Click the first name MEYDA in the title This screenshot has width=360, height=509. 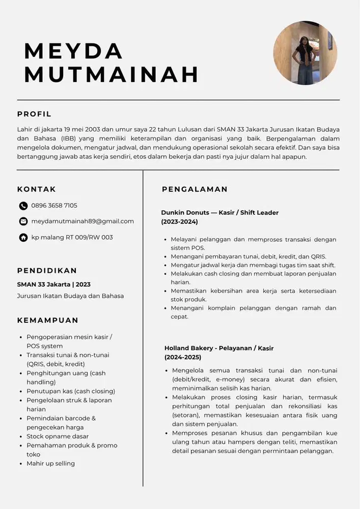74,50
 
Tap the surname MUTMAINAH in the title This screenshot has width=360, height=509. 112,74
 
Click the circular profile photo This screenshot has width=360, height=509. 305,53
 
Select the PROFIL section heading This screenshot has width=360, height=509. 34,114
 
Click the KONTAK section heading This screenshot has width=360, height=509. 37,189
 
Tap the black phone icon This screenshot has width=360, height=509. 23,206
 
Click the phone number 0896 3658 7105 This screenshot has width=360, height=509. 54,206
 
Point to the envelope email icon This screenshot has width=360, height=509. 23,221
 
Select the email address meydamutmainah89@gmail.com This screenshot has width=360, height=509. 82,221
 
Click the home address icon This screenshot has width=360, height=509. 23,237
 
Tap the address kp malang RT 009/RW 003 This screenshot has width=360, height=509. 72,237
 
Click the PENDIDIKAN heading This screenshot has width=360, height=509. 47,270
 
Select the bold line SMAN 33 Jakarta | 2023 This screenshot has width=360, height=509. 54,285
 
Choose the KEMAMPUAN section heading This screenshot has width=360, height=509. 48,320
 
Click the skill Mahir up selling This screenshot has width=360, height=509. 50,463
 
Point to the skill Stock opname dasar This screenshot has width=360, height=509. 58,436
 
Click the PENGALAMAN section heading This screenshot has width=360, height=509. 195,189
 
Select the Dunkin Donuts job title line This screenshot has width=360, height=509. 220,212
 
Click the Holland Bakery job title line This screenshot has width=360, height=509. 219,348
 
